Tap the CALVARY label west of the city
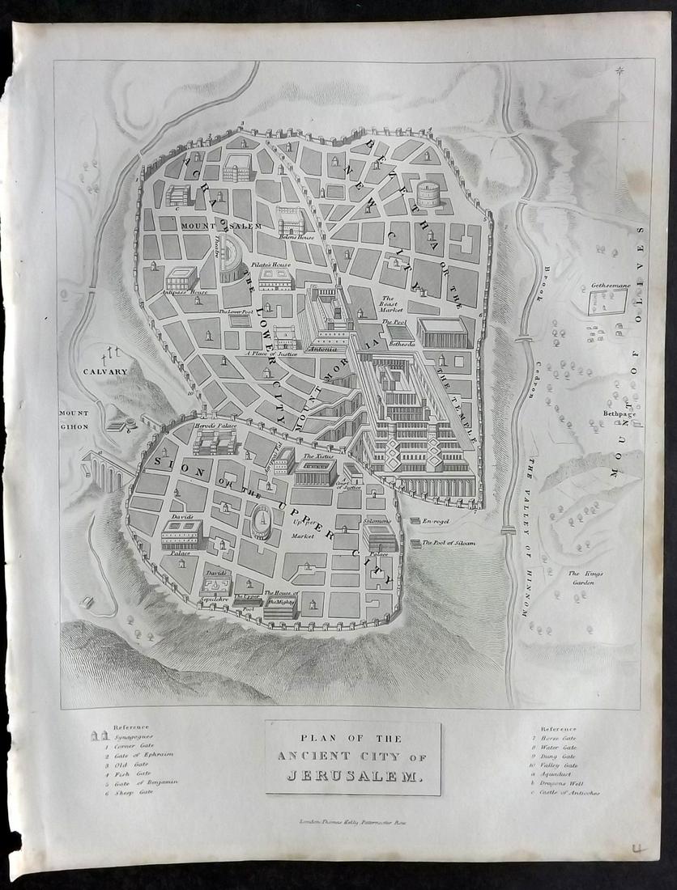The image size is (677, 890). click(105, 371)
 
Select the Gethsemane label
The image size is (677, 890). click(607, 287)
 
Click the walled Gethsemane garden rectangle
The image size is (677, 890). click(607, 303)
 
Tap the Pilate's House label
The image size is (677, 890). click(276, 265)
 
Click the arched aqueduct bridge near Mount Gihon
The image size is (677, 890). click(104, 471)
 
